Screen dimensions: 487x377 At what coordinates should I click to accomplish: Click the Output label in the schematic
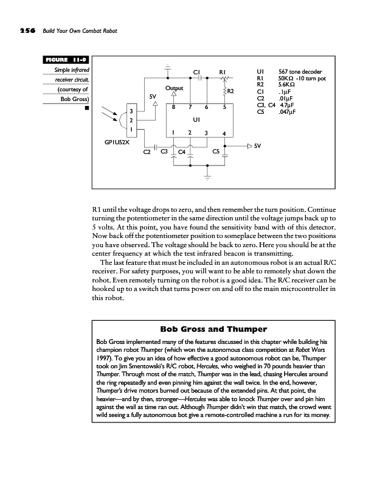[x=174, y=88]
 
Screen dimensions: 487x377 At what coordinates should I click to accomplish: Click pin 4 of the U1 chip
[x=224, y=133]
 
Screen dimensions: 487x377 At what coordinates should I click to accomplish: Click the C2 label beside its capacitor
[x=146, y=152]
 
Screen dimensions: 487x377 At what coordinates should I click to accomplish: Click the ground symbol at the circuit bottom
[x=207, y=177]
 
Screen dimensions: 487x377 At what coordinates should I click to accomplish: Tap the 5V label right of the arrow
[x=258, y=146]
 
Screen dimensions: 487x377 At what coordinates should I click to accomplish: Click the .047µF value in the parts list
[x=288, y=112]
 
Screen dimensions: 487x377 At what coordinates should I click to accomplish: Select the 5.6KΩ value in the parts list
[x=286, y=85]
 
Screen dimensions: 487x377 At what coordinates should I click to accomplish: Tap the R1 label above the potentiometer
[x=223, y=72]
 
